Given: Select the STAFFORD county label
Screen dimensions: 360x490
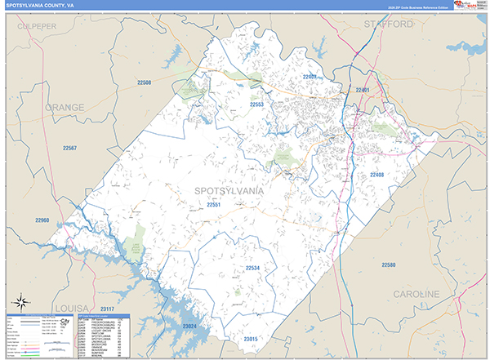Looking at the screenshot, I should tap(389, 25).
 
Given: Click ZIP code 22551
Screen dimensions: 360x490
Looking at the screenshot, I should tap(214, 206).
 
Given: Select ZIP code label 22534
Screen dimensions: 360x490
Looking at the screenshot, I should tap(253, 268).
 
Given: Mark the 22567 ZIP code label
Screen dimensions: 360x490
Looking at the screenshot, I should tap(68, 148).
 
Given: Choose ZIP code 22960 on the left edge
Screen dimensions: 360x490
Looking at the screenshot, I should tap(42, 220).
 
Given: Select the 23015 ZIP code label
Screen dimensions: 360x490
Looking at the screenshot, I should tap(251, 338).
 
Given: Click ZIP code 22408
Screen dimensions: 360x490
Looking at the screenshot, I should tap(376, 175).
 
